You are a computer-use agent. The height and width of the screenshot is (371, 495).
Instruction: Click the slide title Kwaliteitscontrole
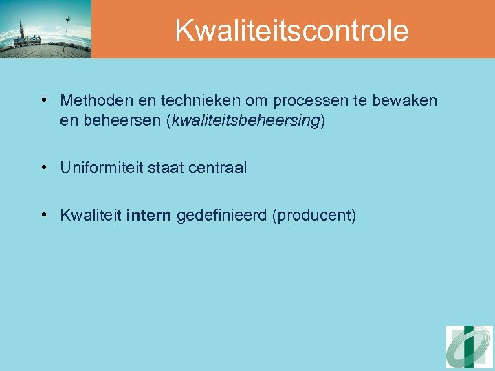point(291,30)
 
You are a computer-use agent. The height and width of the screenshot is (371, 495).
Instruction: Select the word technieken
point(192,101)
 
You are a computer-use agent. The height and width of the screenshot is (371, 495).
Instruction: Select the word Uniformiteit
point(101,168)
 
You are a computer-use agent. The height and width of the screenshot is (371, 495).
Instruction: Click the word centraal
point(218,168)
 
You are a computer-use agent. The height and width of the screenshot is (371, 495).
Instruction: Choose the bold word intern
point(149,216)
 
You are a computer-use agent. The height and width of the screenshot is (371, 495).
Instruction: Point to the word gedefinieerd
point(222,216)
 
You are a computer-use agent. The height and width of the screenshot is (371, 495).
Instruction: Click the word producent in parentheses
point(314,216)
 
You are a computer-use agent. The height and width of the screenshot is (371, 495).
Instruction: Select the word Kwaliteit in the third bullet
point(91,216)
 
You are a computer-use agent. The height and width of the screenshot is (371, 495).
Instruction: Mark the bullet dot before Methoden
point(44,101)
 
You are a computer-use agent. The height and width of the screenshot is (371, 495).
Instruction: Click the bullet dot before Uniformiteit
point(44,168)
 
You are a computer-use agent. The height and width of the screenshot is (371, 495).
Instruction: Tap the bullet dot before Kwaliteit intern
point(44,216)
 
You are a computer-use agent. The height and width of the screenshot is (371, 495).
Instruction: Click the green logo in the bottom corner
point(469,347)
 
